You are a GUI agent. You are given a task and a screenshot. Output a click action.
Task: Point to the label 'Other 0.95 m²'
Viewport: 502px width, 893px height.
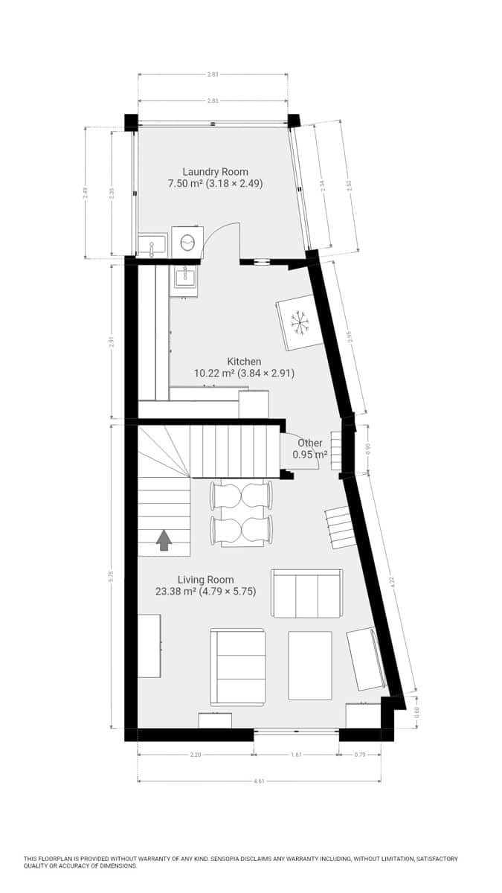309,449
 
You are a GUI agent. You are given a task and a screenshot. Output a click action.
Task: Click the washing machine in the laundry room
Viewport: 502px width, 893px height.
187,242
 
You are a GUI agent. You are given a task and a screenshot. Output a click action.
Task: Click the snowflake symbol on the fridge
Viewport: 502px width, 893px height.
300,322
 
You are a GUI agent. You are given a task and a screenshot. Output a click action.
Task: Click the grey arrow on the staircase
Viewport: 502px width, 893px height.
164,540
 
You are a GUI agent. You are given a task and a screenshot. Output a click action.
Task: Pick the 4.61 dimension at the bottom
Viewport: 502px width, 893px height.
259,781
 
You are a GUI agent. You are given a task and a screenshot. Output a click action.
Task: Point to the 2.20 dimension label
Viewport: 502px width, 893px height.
196,755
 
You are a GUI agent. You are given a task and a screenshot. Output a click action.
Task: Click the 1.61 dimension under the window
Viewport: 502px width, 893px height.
296,755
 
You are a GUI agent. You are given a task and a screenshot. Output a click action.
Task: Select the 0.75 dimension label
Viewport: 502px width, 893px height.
360,755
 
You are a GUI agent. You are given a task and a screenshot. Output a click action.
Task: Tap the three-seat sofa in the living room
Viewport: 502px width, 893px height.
306,593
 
